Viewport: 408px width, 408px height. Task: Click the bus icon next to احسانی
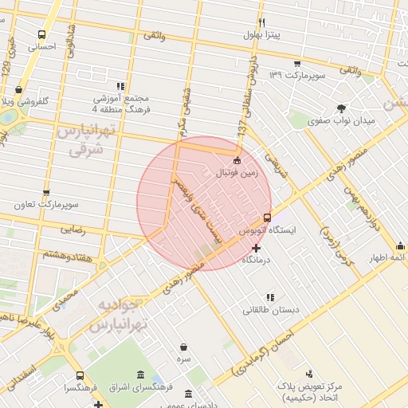pos(41,35)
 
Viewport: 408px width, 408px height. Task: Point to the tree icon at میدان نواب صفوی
pos(342,108)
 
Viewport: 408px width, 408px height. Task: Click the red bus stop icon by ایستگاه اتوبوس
pos(266,217)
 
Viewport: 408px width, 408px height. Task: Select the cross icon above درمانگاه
pos(256,249)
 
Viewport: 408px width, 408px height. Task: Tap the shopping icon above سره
pos(185,347)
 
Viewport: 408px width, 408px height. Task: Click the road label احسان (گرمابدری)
pos(263,350)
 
